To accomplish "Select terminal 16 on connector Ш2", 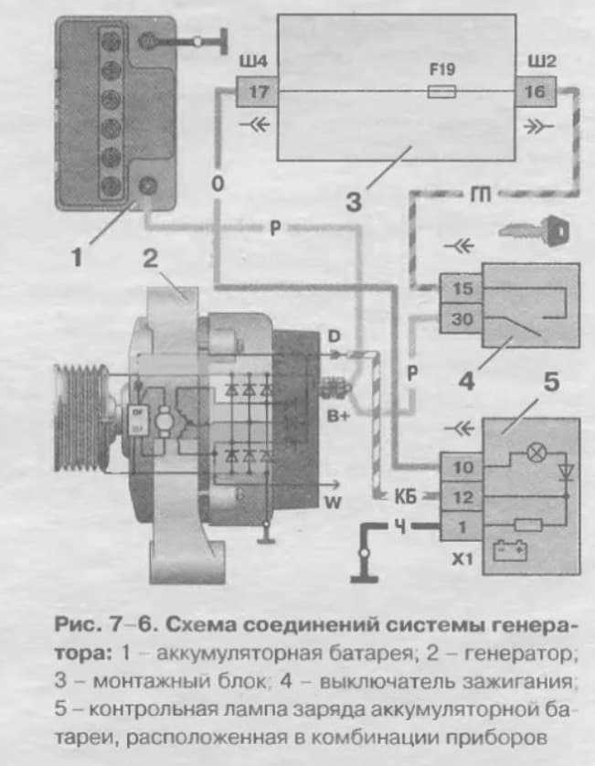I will coord(536,92).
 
